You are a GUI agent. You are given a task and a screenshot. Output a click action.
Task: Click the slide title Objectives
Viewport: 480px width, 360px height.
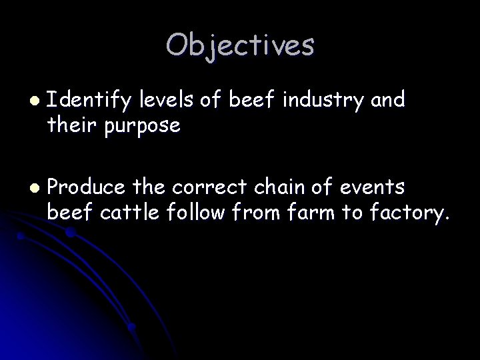point(240,45)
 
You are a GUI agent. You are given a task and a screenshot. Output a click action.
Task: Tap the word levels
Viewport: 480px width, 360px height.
point(164,101)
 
